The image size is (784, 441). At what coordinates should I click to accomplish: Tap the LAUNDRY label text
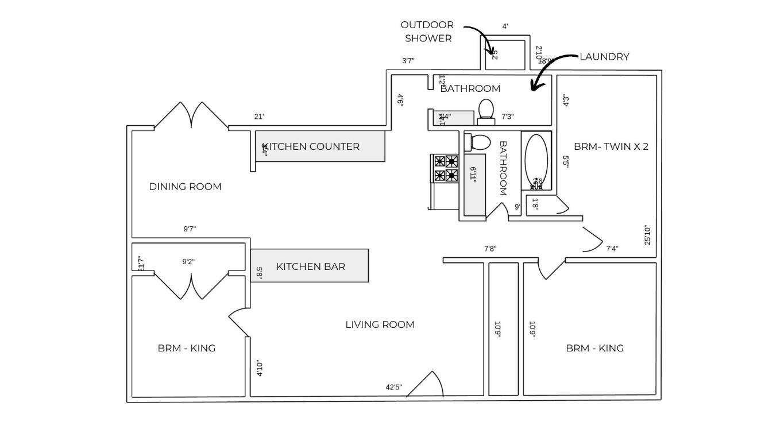604,57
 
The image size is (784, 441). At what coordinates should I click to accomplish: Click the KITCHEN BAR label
311,266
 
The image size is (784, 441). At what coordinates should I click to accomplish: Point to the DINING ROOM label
185,187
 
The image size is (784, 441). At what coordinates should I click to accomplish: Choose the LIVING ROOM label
380,324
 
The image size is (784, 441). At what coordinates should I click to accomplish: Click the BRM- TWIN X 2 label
611,146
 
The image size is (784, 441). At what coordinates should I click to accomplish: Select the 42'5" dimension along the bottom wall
393,387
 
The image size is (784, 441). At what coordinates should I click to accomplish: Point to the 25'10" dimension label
648,235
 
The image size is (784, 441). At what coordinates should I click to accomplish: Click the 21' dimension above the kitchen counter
259,117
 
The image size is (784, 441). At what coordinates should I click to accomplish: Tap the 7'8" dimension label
490,249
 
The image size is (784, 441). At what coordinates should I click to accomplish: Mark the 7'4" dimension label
612,249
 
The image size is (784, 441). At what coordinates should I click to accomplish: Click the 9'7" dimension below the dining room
190,229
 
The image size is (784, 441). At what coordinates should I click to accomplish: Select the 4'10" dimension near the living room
260,368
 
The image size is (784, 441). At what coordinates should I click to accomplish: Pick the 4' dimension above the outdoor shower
505,26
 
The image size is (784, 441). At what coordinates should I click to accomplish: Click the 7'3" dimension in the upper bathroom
507,117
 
